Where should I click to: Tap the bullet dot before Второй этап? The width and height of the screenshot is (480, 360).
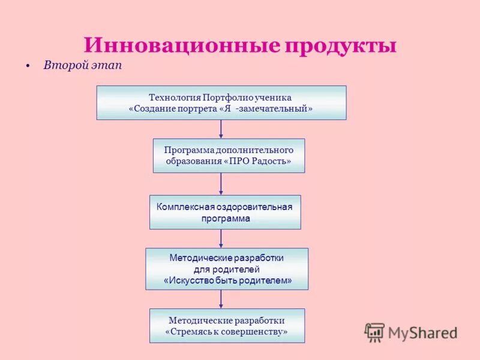pos(28,66)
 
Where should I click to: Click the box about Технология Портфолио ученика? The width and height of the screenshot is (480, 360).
pos(221,103)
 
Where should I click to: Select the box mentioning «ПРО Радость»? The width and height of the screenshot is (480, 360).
pos(229,156)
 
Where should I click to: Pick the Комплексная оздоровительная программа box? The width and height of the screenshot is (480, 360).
pos(225,212)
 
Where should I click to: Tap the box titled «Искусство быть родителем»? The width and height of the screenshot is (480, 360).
pos(227,269)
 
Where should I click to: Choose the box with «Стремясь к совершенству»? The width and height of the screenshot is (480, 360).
pos(227,326)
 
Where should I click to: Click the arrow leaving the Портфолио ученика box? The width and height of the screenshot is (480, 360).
pos(221,129)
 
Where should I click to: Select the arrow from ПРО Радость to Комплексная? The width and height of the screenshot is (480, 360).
pos(221,184)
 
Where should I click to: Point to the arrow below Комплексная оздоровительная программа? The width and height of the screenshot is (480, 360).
pos(221,238)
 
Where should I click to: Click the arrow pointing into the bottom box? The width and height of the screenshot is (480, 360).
pos(221,299)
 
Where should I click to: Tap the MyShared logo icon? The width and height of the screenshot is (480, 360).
pos(374,332)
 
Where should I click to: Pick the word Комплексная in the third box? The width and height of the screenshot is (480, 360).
pos(181,207)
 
